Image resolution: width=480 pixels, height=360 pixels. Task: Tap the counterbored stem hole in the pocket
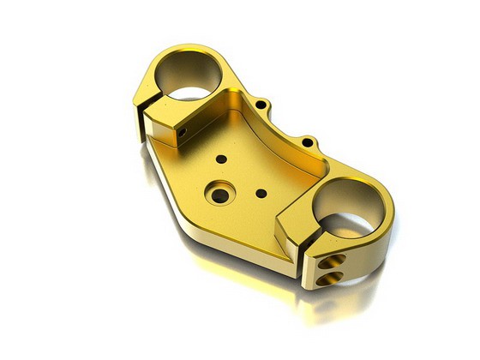(x=220, y=195)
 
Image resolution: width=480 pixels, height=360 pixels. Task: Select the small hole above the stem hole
(x=222, y=159)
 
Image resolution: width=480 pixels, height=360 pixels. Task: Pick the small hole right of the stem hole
(x=261, y=193)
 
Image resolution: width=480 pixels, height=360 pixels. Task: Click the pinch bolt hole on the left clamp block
(x=183, y=133)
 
